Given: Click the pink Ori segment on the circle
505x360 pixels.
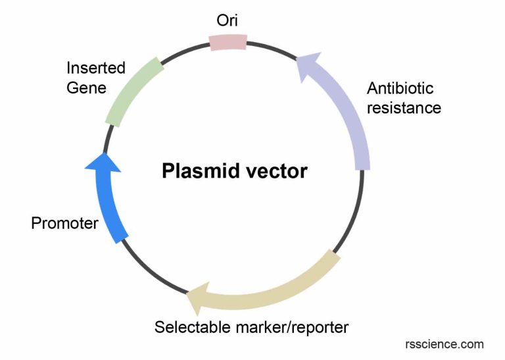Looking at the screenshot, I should (x=228, y=42).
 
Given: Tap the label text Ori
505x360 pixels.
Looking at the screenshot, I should (x=228, y=20).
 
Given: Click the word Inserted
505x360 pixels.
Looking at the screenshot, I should (x=96, y=68).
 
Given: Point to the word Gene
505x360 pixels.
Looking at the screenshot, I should (x=86, y=88).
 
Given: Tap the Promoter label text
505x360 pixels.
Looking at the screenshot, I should (x=64, y=223).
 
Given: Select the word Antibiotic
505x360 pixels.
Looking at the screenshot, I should (x=400, y=88).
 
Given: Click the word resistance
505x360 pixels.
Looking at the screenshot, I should (x=403, y=108).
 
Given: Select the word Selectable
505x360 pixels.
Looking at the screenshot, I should (x=189, y=327).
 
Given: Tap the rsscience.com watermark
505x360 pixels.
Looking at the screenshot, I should (x=445, y=344).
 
